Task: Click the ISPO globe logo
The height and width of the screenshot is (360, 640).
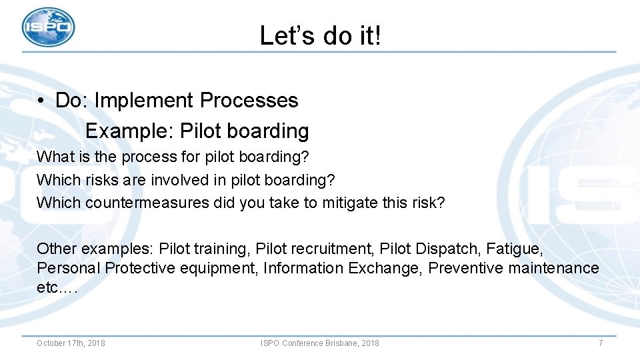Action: (48, 27)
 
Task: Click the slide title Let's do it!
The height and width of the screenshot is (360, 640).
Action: (321, 35)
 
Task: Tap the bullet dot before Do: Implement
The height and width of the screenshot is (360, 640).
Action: (41, 101)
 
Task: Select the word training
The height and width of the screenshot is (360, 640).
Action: (220, 249)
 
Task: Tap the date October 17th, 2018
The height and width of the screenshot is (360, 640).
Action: (71, 343)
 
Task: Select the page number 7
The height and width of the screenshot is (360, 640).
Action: (600, 343)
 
